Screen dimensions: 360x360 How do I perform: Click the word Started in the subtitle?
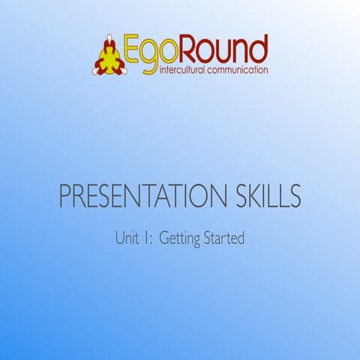click(224, 239)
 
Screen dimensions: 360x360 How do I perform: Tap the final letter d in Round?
click(259, 49)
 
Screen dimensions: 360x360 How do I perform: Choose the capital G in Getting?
click(166, 239)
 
